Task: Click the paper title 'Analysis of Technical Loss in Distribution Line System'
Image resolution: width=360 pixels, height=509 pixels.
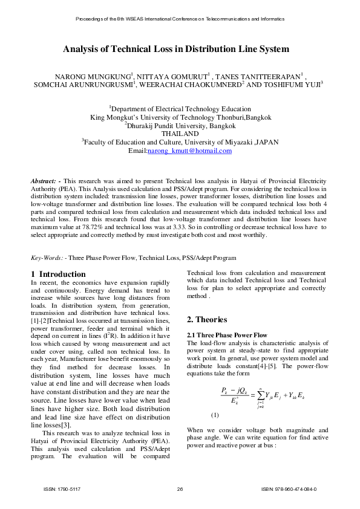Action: pos(180,49)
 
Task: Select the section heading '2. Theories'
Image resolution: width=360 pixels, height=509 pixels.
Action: pos(207,320)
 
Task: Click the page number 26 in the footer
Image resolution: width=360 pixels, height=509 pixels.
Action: pos(180,489)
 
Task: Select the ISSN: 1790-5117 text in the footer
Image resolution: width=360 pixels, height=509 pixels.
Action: pos(62,489)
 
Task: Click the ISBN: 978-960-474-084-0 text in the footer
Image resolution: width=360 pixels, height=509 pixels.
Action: pos(288,489)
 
